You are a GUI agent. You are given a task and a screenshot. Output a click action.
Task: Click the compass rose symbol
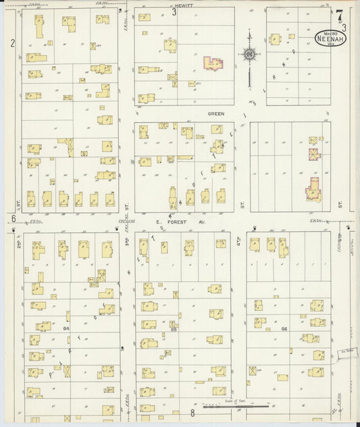249,54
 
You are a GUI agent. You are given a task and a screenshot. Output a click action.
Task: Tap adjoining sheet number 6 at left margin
13,218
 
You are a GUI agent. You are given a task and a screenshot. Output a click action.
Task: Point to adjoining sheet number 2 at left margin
12,44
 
